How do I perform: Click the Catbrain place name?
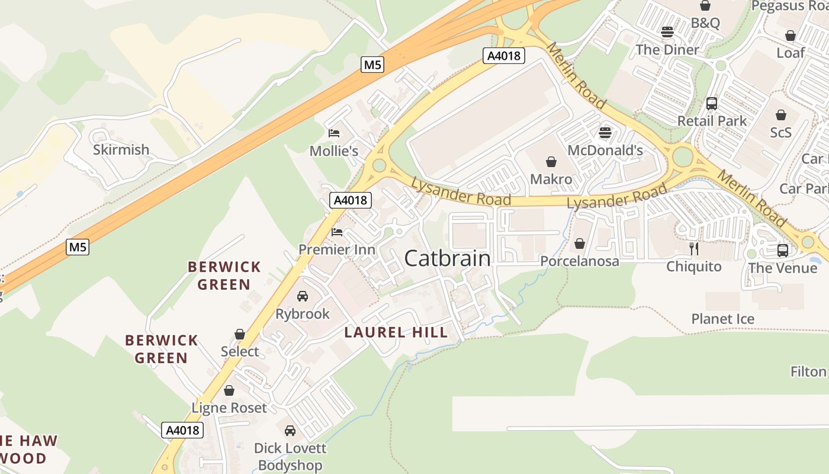pos(447,258)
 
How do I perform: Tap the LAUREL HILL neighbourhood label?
pos(396,332)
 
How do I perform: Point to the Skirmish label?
pos(121,149)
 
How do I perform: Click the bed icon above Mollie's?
pos(334,132)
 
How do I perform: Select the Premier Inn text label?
pos(336,249)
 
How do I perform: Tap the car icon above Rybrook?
pos(302,296)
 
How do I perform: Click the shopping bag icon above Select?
pos(240,334)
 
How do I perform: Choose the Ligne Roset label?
pos(229,408)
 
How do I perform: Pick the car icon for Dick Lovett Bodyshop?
pos(290,431)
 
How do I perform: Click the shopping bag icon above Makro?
pos(551,161)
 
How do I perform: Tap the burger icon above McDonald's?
pos(605,132)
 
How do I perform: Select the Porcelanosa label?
pos(579,261)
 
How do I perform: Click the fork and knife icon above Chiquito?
pos(694,248)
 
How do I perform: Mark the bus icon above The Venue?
pos(782,250)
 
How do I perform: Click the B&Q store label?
pos(705,23)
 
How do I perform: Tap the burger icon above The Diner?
pos(667,32)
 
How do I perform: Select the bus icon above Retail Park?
pos(712,103)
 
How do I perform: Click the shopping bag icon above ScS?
pos(781,114)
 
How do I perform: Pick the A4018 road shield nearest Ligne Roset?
pos(182,430)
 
